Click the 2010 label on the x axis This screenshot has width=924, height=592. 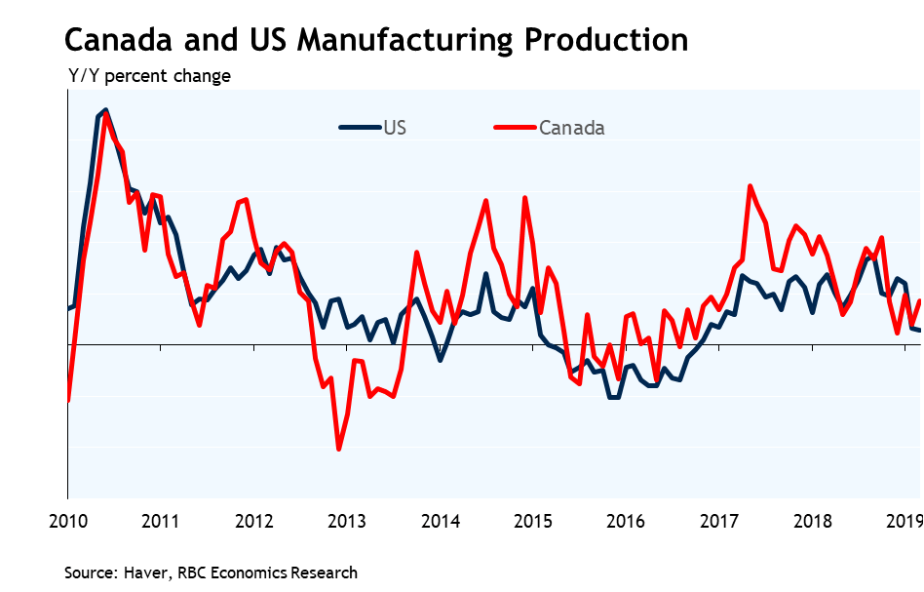67,520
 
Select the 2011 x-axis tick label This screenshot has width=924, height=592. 161,520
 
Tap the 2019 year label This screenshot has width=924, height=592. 903,520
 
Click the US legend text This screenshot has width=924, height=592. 395,127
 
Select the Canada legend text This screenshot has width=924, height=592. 572,128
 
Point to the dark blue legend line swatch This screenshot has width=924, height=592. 360,127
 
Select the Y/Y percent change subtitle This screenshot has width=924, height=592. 149,75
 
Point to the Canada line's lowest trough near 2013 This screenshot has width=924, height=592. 338,449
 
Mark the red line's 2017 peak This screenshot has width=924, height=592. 751,186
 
